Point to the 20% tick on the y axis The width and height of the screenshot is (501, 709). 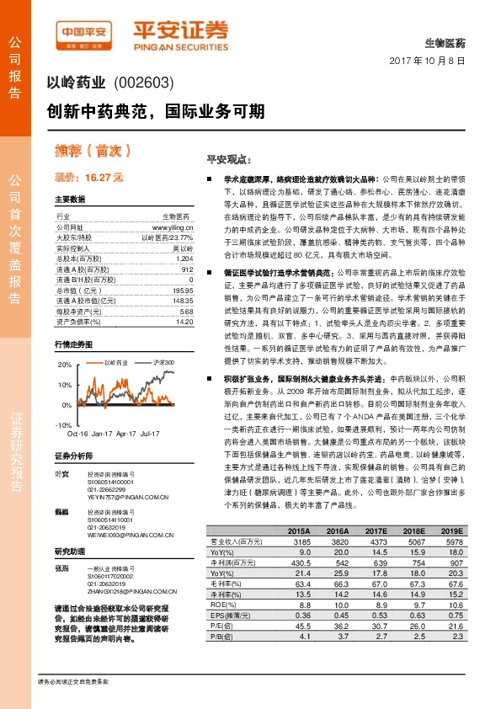tap(65, 365)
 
